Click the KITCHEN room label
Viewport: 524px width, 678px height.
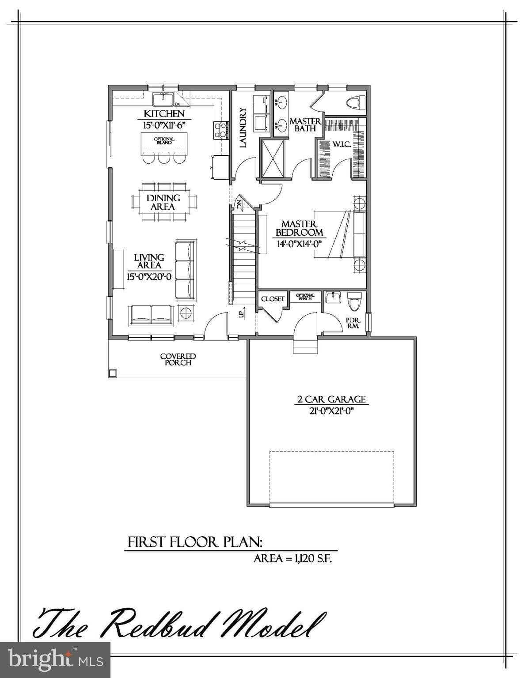pos(164,114)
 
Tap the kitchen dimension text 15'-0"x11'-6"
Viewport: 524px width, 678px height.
pos(164,125)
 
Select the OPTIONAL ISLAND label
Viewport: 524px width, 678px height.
pos(164,141)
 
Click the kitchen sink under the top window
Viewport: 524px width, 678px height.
pos(164,98)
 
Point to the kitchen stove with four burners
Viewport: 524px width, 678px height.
pos(220,130)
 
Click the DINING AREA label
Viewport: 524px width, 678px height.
pos(163,202)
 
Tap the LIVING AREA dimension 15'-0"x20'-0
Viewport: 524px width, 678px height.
pos(149,277)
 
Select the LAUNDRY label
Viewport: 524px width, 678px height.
pos(242,128)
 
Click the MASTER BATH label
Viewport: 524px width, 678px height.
pos(305,124)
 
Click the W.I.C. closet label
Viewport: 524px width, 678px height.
pos(342,144)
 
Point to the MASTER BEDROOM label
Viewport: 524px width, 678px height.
pos(299,228)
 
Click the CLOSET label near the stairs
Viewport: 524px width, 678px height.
pos(273,299)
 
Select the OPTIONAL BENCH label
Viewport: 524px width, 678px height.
pos(305,297)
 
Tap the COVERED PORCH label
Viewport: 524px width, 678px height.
pos(178,359)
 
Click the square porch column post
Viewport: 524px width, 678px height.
pos(113,373)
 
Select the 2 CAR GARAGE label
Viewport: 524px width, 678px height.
pos(331,399)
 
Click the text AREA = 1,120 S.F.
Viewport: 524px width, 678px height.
pos(292,558)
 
